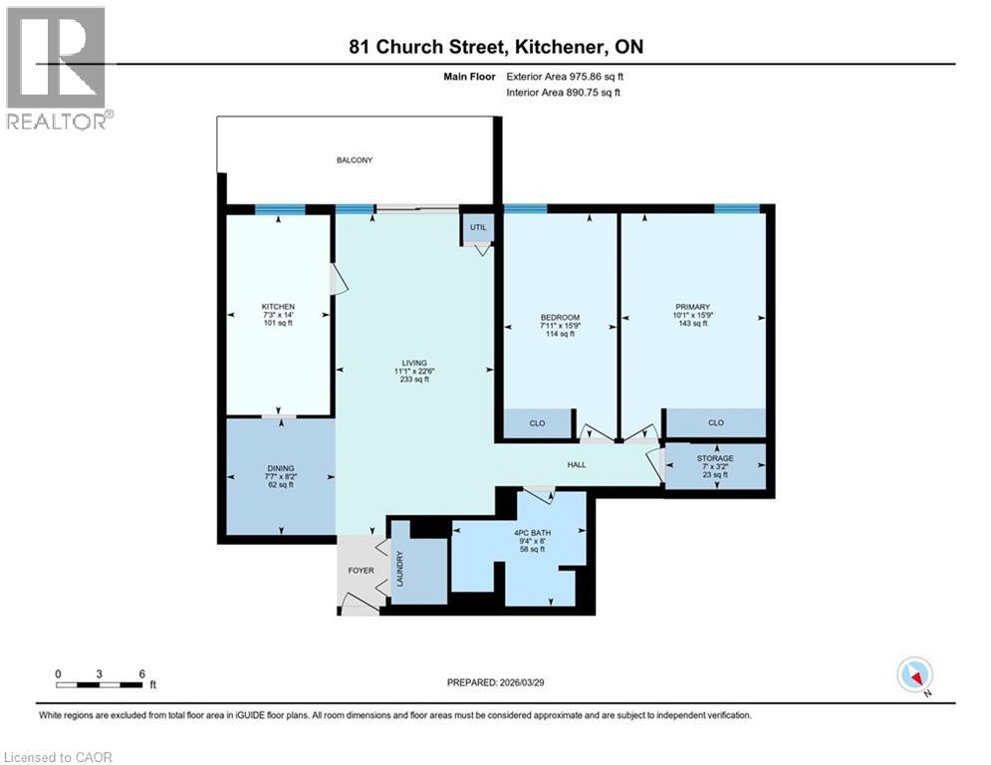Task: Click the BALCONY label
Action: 354,159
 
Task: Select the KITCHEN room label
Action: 278,306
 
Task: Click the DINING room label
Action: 280,467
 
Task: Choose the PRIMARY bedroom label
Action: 692,307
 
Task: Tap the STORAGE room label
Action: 715,458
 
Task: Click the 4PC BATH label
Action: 533,532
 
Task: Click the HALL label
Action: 577,464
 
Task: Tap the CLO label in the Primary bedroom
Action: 715,423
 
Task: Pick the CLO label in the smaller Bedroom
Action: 537,424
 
